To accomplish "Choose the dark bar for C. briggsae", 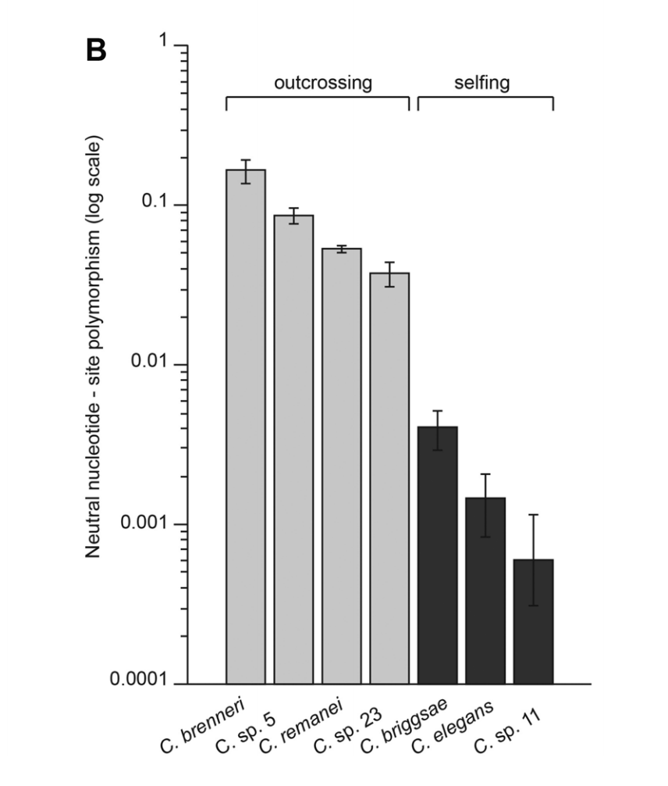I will click(x=438, y=555).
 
